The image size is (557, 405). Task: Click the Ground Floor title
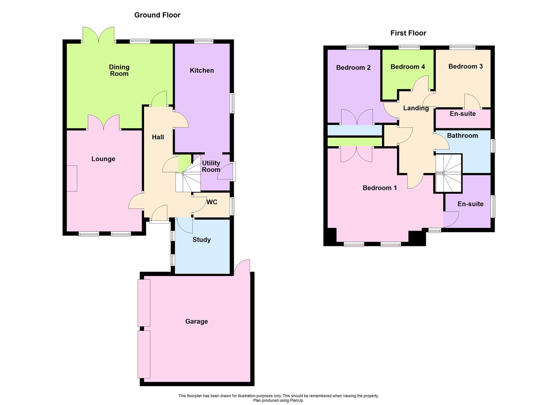click(157, 15)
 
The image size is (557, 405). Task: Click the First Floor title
click(408, 33)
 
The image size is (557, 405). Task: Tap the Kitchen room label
click(202, 70)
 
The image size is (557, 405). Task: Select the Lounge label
click(103, 159)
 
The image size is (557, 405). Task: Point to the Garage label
click(196, 321)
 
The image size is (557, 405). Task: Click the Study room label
click(201, 240)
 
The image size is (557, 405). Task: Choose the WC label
click(212, 202)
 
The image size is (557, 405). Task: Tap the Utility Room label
click(211, 166)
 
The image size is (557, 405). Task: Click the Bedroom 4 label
click(407, 67)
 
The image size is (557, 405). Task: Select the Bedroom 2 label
click(353, 67)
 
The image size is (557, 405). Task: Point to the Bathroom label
click(462, 136)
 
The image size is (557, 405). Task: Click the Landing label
click(416, 108)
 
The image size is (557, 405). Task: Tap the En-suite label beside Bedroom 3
click(462, 114)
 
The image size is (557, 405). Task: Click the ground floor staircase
click(190, 176)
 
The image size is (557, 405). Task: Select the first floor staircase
click(448, 173)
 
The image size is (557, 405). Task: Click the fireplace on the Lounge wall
click(72, 178)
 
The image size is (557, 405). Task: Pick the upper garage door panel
click(144, 303)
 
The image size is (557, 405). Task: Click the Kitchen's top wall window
click(204, 41)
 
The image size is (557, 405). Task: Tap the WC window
click(233, 206)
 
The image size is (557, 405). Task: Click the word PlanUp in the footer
click(296, 400)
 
